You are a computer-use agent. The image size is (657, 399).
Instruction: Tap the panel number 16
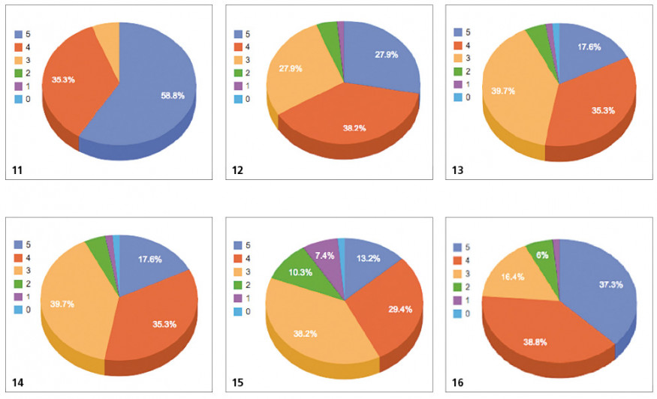tap(458, 382)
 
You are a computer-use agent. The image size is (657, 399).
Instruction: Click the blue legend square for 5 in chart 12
tap(238, 34)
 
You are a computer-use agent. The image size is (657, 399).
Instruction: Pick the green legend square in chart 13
tap(458, 71)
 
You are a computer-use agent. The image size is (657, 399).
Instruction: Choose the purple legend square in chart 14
tap(18, 298)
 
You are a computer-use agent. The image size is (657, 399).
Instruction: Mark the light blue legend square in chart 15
tap(238, 311)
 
